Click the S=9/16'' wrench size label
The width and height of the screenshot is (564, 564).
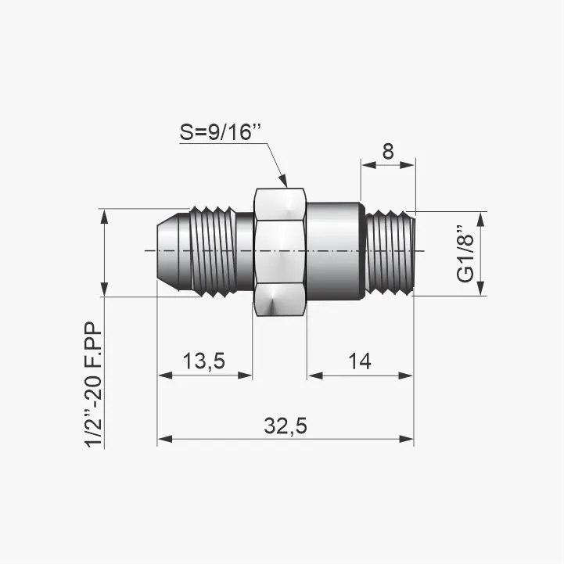click(x=220, y=132)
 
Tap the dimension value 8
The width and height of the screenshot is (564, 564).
click(x=388, y=152)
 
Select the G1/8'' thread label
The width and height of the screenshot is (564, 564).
click(x=465, y=254)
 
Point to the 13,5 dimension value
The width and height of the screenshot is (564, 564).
click(x=204, y=361)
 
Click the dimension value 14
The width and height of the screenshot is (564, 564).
click(x=360, y=361)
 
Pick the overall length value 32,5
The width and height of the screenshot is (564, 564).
click(x=286, y=426)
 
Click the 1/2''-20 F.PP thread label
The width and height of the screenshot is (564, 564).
click(x=94, y=385)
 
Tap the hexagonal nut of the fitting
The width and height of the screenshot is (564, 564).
click(x=280, y=252)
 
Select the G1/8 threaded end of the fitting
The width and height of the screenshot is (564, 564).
click(x=390, y=253)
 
